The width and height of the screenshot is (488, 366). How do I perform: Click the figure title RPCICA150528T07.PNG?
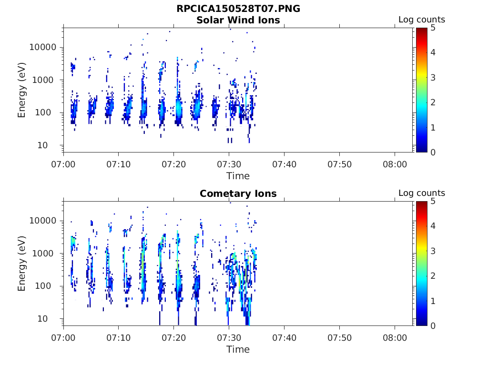(238, 9)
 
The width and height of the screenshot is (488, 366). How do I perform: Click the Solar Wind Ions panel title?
(238, 20)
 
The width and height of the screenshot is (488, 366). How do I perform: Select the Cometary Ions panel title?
(238, 193)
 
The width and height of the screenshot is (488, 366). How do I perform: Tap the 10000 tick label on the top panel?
(43, 47)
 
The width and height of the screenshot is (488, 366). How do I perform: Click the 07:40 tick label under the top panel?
(284, 164)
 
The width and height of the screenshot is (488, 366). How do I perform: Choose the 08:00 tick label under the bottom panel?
(395, 337)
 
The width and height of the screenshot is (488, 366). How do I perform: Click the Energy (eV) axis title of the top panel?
(22, 90)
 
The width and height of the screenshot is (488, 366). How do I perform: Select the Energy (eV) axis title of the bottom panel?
(22, 264)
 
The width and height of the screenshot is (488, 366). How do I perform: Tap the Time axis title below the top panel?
(238, 176)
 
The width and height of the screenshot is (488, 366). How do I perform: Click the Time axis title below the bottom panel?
(238, 349)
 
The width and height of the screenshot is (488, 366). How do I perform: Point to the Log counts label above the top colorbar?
(421, 20)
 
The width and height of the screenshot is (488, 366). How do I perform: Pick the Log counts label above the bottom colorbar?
(421, 193)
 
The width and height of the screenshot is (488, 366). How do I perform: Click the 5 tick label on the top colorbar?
(433, 28)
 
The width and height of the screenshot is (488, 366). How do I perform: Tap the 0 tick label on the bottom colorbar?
(433, 326)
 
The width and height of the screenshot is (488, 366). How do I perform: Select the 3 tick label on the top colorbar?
(433, 77)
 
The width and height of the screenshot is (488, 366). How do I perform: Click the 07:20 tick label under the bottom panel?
(174, 337)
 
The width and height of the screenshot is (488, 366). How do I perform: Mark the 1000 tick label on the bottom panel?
(46, 254)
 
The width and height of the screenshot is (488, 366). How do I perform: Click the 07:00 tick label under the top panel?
(64, 164)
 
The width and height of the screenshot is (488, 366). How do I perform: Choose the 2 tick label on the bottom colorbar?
(433, 276)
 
